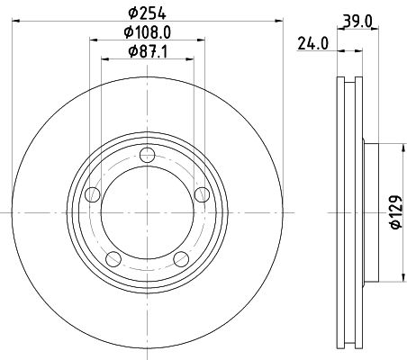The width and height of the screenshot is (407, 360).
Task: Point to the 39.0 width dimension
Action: (x=358, y=21)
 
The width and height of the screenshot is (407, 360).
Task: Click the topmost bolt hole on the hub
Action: (x=145, y=162)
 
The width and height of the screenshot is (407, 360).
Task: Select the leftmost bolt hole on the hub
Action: (x=92, y=195)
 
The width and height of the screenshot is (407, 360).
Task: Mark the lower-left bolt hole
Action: (x=112, y=259)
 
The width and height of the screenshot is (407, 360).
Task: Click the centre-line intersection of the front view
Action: (x=145, y=212)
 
